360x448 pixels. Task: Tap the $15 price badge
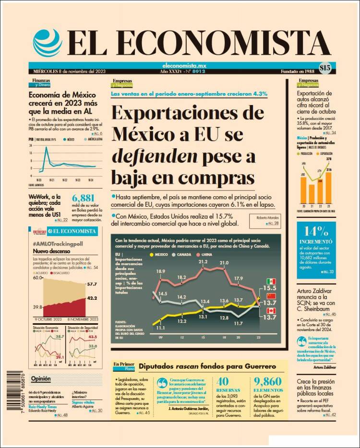tap(325, 68)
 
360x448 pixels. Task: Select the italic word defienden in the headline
tap(154, 156)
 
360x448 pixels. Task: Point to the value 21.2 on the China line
tap(203, 262)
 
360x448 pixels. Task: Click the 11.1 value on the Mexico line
tap(160, 328)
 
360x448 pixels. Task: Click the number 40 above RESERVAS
tap(222, 382)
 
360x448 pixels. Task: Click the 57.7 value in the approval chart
tap(92, 284)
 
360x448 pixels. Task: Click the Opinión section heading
tap(41, 378)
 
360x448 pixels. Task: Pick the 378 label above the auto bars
tap(329, 159)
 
